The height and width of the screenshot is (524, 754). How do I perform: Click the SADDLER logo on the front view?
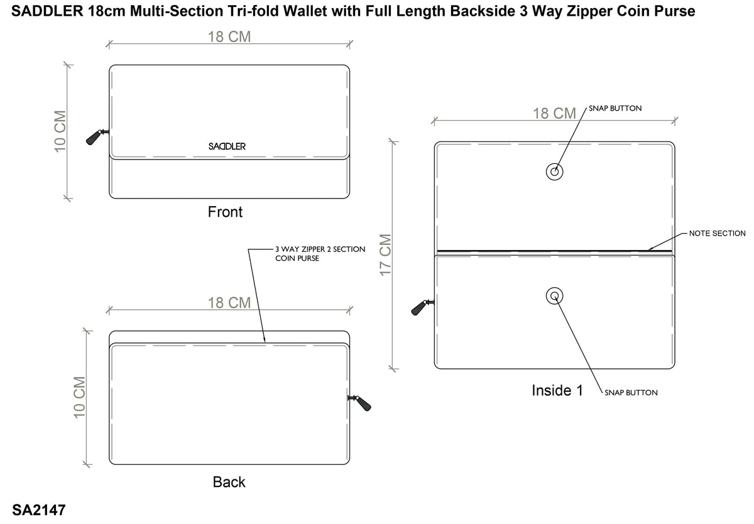[227, 146]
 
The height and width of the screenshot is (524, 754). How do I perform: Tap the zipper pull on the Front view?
[97, 137]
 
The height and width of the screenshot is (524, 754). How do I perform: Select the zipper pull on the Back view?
[359, 403]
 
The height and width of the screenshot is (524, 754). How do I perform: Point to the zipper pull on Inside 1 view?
[422, 307]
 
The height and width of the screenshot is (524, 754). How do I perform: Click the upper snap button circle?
[554, 172]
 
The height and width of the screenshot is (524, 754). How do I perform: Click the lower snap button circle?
[554, 296]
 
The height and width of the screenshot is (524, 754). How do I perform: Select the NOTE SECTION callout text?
[717, 233]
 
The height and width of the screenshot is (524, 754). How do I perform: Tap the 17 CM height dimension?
[385, 254]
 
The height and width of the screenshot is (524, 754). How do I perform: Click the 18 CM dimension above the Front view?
[229, 36]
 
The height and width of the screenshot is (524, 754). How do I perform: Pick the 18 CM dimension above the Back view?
[229, 303]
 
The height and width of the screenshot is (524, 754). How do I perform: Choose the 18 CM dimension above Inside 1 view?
[554, 114]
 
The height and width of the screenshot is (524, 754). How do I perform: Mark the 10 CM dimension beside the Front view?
[60, 131]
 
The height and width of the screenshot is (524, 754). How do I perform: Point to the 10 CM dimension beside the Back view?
[79, 398]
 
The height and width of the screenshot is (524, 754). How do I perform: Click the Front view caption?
[225, 212]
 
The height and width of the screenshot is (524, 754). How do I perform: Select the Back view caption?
[229, 482]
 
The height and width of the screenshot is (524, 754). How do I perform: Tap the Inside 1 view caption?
[557, 390]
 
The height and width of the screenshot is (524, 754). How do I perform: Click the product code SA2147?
[39, 510]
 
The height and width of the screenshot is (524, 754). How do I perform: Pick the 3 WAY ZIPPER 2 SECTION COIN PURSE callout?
[320, 254]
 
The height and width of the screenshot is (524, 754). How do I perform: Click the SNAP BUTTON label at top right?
[615, 108]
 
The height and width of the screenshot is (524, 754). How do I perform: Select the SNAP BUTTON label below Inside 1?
[631, 393]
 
